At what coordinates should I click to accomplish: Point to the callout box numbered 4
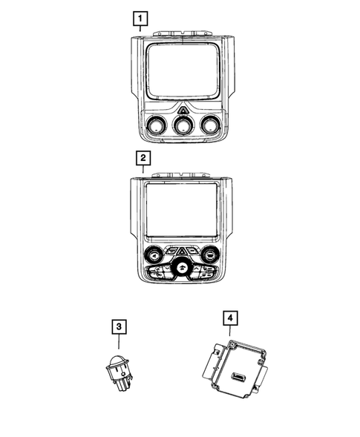tap(232, 319)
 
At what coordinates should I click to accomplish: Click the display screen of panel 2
tap(181, 211)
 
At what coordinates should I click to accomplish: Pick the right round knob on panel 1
tap(211, 126)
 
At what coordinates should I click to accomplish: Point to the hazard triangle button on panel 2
tap(182, 250)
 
